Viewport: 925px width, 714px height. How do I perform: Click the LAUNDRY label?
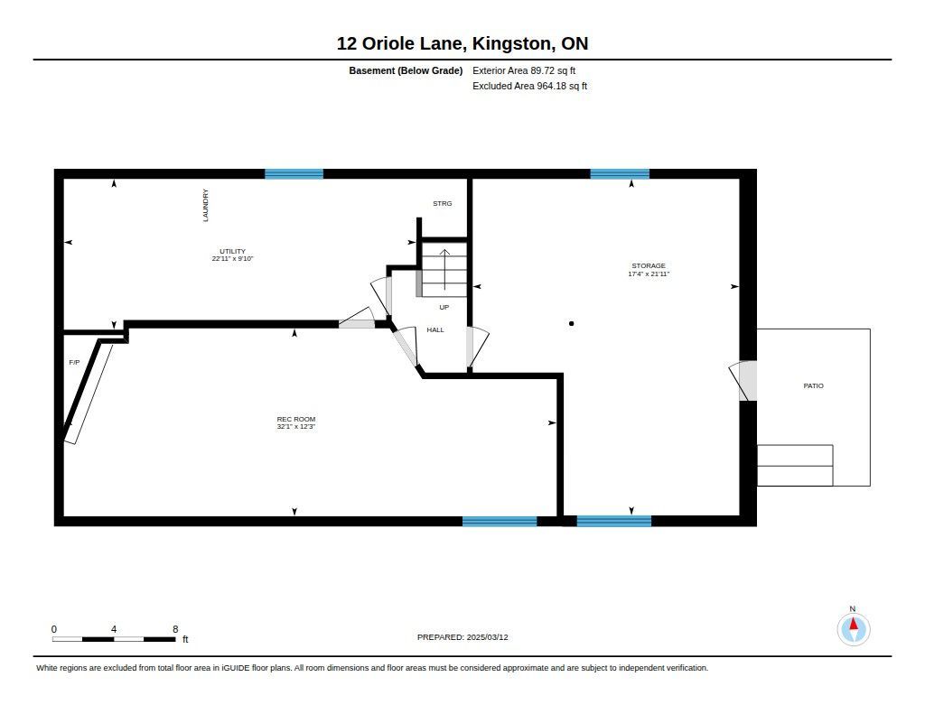click(x=206, y=205)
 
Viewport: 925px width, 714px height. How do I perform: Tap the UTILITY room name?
click(x=232, y=251)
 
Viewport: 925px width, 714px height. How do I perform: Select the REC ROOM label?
click(x=296, y=419)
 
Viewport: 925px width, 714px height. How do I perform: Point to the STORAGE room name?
click(x=649, y=266)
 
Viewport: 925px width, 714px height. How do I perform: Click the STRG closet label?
click(x=443, y=203)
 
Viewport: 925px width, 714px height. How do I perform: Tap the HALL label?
click(x=435, y=330)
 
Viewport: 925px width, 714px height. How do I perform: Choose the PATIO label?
click(x=814, y=385)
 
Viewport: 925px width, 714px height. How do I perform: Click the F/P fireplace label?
click(x=74, y=363)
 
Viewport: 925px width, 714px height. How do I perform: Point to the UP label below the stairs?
click(x=444, y=307)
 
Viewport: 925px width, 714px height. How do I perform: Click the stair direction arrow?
click(x=444, y=270)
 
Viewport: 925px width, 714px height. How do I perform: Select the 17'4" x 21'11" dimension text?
click(x=649, y=274)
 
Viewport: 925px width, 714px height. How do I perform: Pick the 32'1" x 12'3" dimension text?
click(x=296, y=427)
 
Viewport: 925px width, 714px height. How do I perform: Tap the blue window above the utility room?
click(x=294, y=174)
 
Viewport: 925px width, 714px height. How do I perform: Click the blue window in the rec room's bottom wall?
click(x=500, y=521)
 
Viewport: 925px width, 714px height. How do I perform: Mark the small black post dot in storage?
click(x=571, y=324)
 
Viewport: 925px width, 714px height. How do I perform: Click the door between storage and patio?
click(x=744, y=381)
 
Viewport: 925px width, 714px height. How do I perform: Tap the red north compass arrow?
click(x=853, y=624)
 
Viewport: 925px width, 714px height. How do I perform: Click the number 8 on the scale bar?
click(x=175, y=629)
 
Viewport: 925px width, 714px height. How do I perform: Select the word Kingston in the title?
click(x=512, y=44)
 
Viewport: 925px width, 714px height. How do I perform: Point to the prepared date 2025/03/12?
click(x=487, y=637)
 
